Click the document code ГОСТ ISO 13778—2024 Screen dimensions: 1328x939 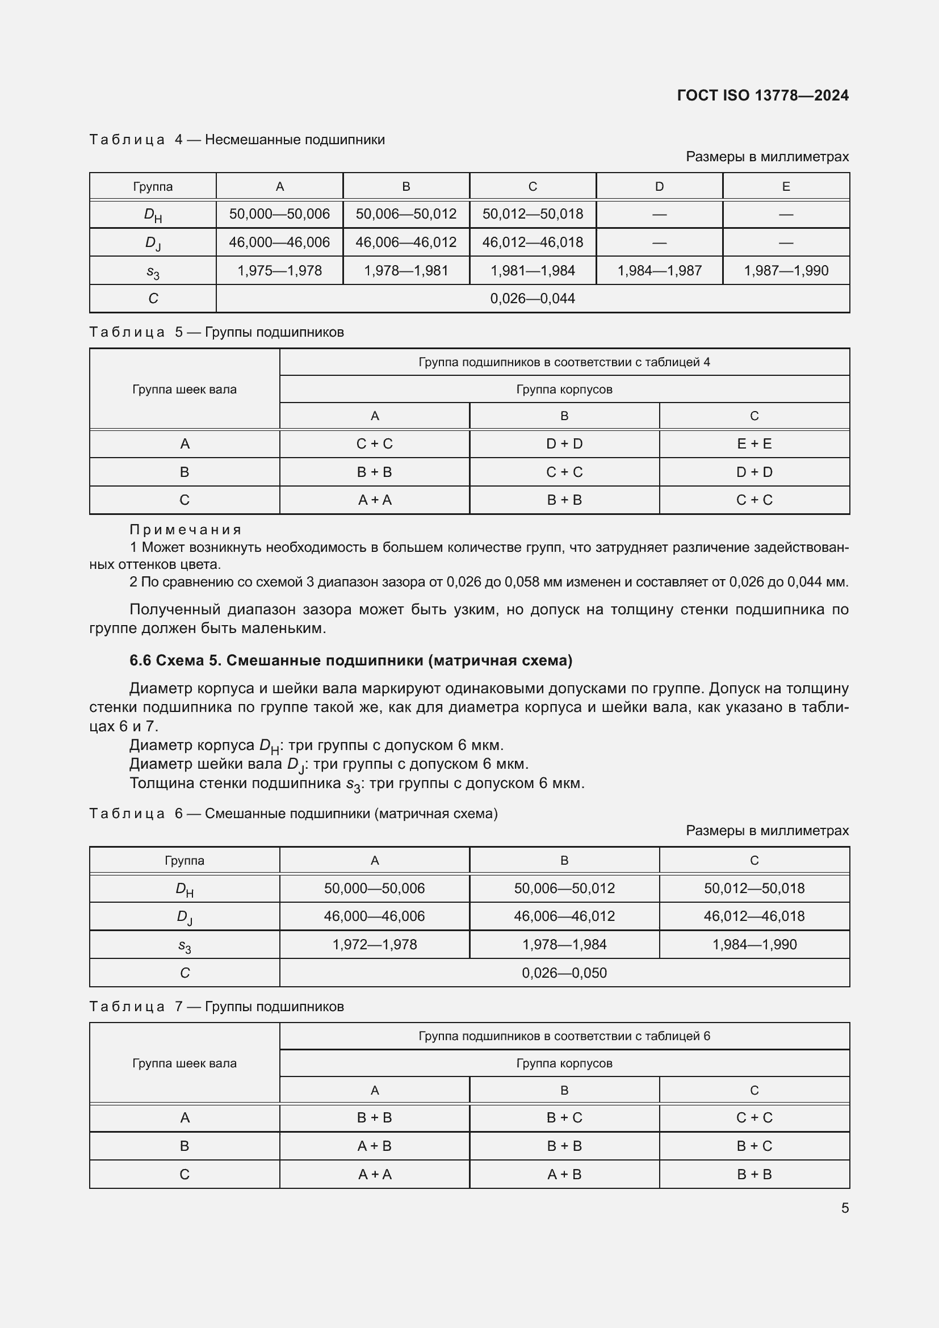coord(762,95)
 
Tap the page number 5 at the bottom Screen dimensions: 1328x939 coord(845,1208)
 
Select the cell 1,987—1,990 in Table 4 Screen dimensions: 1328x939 coord(786,271)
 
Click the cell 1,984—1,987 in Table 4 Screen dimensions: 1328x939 coord(659,271)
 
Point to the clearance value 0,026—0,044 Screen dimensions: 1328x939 coord(532,299)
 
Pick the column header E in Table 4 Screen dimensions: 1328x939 coord(786,186)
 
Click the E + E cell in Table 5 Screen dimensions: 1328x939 coord(754,443)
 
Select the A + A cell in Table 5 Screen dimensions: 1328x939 coord(374,500)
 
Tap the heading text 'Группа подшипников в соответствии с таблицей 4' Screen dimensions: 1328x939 coord(564,362)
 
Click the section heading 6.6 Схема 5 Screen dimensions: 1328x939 coord(350,660)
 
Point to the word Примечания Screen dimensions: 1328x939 coord(185,530)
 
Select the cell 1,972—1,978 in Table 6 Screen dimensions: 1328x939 coord(374,945)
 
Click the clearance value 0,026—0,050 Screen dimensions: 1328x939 coord(564,973)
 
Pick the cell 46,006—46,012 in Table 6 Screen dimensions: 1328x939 coord(564,916)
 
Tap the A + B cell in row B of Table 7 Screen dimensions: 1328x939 coord(374,1146)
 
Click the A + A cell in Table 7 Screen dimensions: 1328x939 coord(374,1174)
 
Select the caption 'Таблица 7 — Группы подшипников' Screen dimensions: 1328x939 coord(216,1007)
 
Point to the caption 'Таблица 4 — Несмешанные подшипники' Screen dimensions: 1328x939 coord(237,140)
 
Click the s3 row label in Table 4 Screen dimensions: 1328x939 coord(153,271)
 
